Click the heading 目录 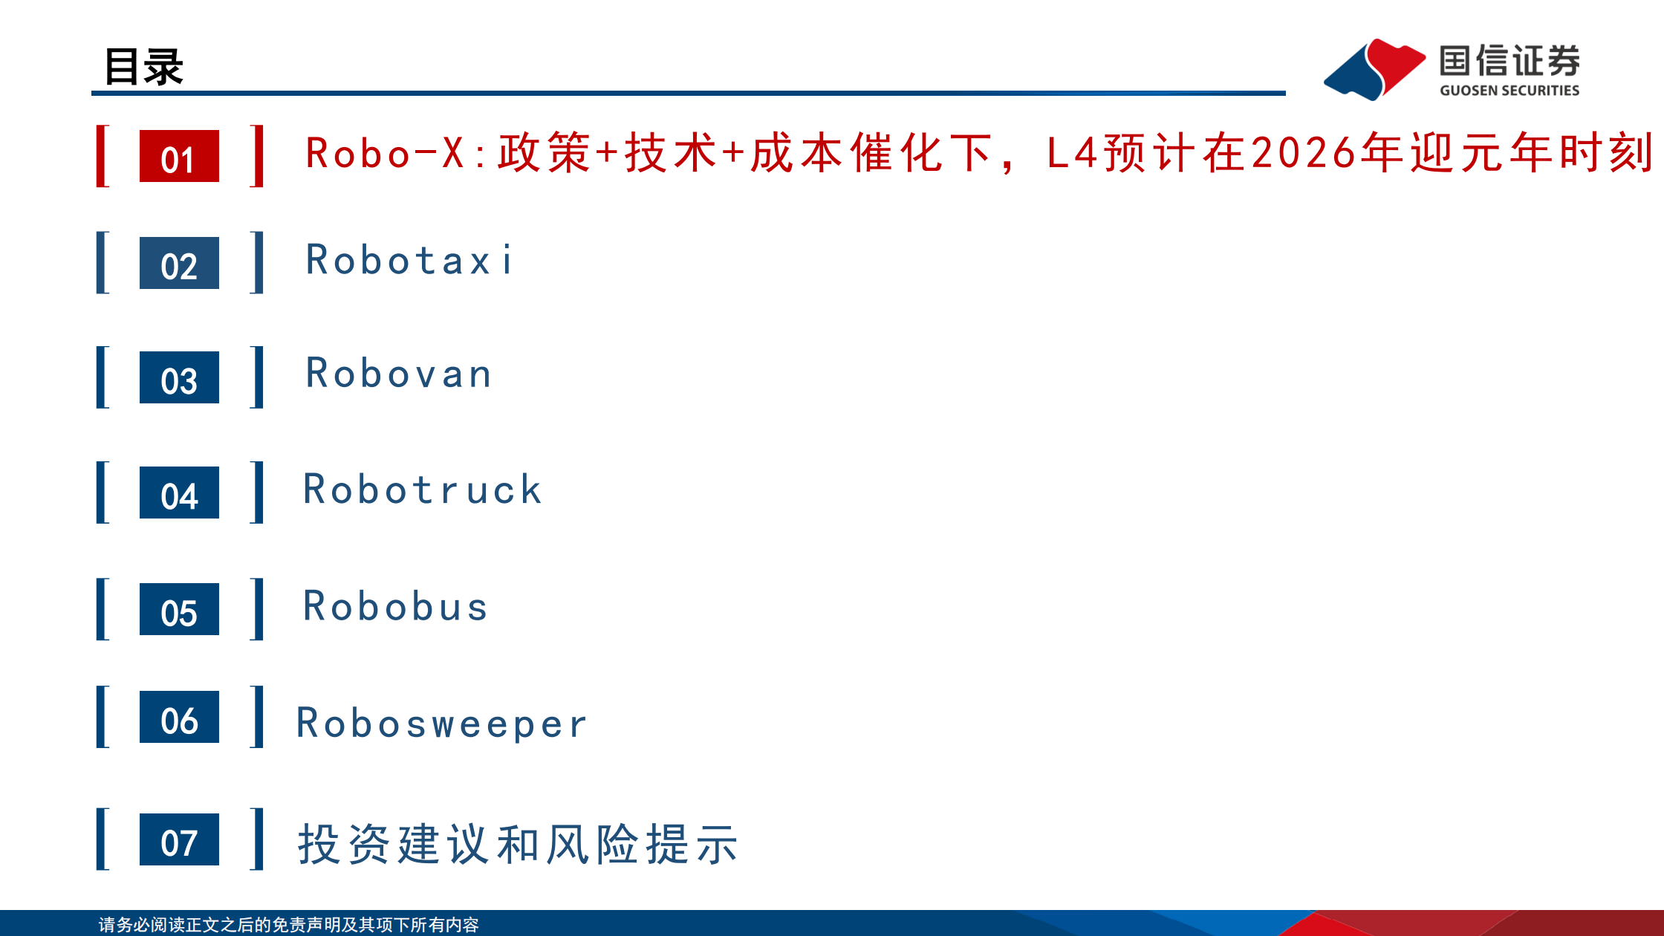click(x=143, y=67)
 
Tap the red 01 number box click(x=179, y=156)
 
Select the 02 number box click(x=179, y=263)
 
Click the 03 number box click(x=179, y=377)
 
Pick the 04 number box click(x=179, y=493)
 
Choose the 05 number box click(x=179, y=609)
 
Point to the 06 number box click(x=179, y=717)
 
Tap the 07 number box click(x=179, y=839)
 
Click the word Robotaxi click(x=409, y=260)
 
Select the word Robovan click(x=399, y=373)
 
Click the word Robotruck click(x=423, y=490)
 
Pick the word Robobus click(x=395, y=606)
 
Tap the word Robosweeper click(x=442, y=724)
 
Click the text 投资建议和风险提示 click(x=518, y=844)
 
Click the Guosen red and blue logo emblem click(x=1374, y=69)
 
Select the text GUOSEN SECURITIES click(x=1509, y=91)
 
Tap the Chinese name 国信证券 click(x=1509, y=61)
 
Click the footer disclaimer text click(x=288, y=925)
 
